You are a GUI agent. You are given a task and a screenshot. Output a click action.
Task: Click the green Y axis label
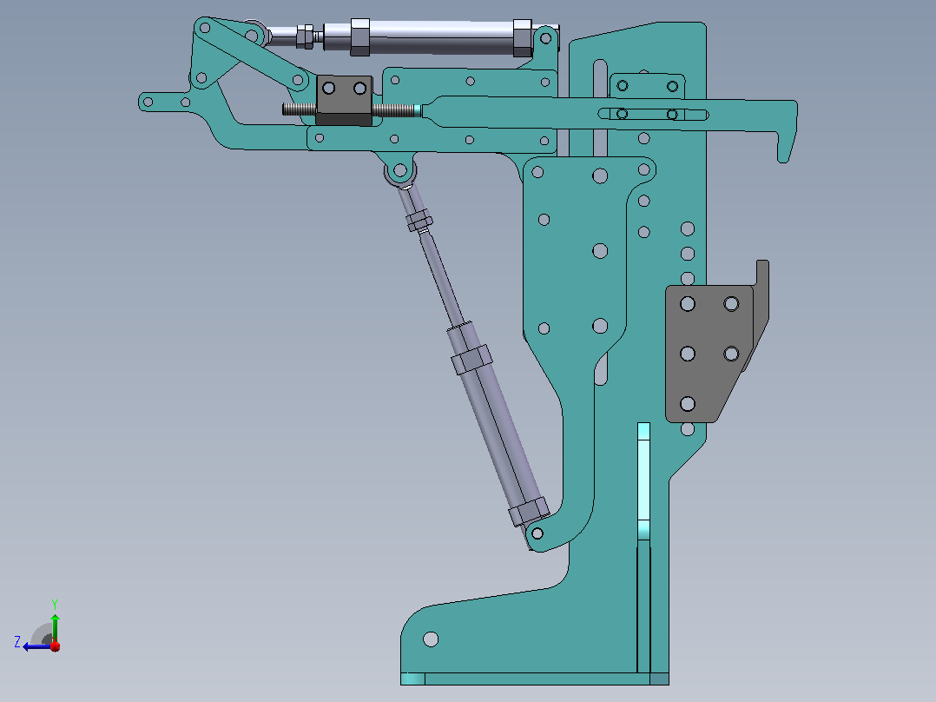55,604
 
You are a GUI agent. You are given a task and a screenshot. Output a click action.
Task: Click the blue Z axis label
17,642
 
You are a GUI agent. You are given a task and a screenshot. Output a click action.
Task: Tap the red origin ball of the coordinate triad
55,646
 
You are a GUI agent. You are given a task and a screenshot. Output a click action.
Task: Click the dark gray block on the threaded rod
344,101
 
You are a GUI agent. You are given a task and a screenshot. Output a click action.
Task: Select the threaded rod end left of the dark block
299,109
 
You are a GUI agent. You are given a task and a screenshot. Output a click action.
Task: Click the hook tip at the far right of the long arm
784,158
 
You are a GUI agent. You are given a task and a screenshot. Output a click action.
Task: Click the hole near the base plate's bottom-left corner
431,639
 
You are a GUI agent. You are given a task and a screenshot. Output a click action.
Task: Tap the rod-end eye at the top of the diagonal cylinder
400,171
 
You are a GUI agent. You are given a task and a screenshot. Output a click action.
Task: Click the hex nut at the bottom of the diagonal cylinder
528,512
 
